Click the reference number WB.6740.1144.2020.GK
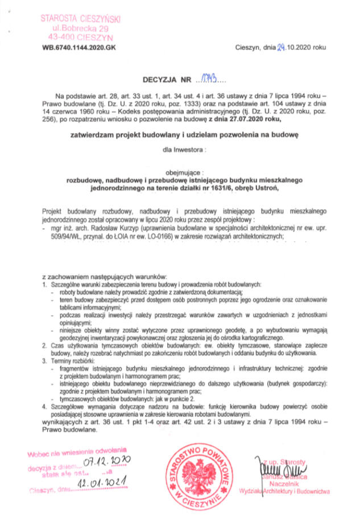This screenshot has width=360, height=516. click(78, 48)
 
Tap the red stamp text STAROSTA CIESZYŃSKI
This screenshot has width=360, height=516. click(80, 18)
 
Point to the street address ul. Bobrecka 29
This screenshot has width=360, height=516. click(80, 27)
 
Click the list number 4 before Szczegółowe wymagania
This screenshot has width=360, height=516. click(44, 407)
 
